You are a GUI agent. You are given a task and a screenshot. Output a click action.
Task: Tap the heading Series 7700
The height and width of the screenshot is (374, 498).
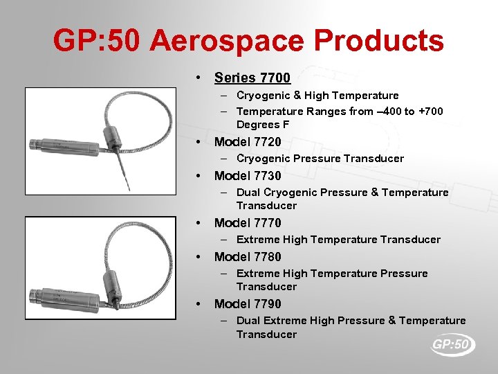(x=252, y=78)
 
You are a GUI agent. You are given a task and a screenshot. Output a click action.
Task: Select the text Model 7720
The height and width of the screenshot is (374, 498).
(x=248, y=142)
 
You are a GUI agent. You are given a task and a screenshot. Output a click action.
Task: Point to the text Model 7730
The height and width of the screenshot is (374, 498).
(x=248, y=176)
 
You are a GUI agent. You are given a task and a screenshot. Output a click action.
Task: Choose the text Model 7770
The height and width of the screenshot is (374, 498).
(x=248, y=223)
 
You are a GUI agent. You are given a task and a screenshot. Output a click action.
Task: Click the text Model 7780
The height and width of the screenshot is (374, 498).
(x=248, y=257)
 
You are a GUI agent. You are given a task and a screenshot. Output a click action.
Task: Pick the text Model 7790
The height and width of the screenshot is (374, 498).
(x=248, y=304)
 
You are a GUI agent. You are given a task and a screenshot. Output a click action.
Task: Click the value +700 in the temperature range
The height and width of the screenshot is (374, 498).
(x=431, y=112)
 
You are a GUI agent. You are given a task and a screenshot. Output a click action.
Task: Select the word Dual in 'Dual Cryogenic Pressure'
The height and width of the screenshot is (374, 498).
(x=248, y=193)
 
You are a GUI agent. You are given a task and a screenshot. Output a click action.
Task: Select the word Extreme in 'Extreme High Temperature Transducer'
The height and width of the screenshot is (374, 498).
(x=258, y=240)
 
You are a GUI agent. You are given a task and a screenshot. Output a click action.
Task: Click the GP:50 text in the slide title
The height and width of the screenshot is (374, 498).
(x=96, y=41)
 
